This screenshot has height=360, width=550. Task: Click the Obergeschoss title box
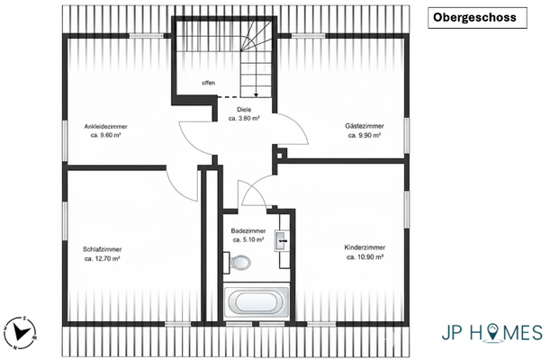pyautogui.click(x=477, y=18)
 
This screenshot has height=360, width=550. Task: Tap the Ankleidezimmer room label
pyautogui.click(x=105, y=127)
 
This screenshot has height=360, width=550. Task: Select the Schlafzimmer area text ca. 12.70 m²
pyautogui.click(x=103, y=258)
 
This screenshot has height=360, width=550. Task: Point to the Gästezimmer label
pyautogui.click(x=365, y=126)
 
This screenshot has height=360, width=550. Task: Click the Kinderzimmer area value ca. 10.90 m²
pyautogui.click(x=365, y=256)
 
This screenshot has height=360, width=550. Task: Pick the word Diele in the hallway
pyautogui.click(x=244, y=110)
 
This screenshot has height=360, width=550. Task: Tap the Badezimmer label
pyautogui.click(x=248, y=231)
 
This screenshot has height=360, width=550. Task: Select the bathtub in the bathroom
pyautogui.click(x=257, y=301)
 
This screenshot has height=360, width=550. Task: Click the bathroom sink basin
pyautogui.click(x=282, y=241)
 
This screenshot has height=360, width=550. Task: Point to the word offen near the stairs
pyautogui.click(x=208, y=83)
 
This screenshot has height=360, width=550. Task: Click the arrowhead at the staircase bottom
pyautogui.click(x=257, y=94)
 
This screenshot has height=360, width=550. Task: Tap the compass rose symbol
pyautogui.click(x=21, y=333)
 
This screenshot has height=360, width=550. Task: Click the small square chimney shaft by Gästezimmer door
pyautogui.click(x=280, y=155)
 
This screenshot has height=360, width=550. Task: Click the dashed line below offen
pyautogui.click(x=229, y=96)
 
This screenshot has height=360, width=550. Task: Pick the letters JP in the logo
pyautogui.click(x=452, y=332)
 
